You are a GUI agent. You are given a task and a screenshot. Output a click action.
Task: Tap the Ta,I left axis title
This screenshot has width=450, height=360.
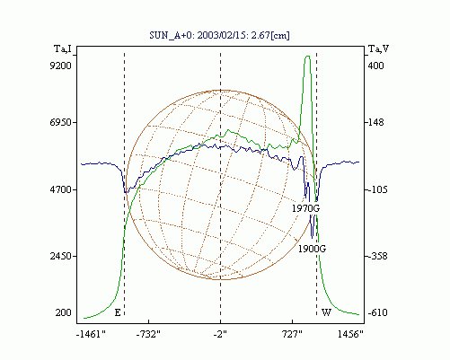point(63,48)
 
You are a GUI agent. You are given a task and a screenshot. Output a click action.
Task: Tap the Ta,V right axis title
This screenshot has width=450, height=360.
point(379,48)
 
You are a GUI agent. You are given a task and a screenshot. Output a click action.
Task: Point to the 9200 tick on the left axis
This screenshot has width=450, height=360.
point(61,66)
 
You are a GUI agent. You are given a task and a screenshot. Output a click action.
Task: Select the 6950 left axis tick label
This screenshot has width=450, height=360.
point(61,122)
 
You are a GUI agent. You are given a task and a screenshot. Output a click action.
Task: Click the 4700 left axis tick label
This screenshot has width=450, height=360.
point(61,189)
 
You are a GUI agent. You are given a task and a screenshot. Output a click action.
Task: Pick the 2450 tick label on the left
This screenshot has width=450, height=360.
point(61,257)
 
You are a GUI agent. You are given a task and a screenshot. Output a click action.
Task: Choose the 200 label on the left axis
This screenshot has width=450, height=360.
point(64,312)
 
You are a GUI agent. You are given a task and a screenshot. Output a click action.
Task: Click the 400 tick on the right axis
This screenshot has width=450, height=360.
point(375,66)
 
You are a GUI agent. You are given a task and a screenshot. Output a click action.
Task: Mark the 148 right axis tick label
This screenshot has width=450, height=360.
point(375,122)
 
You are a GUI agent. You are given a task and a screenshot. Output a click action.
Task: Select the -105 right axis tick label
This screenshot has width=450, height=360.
point(377,189)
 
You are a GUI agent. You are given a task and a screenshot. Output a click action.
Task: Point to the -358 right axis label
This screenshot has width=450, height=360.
point(377,257)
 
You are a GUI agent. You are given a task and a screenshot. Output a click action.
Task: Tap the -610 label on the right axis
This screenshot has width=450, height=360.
point(377,312)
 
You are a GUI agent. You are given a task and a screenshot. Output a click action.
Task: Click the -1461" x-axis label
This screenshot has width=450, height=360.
point(91,334)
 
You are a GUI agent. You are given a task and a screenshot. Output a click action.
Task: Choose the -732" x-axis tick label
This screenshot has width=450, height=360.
point(148,334)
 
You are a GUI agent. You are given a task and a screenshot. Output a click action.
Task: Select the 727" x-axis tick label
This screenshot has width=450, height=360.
point(292,334)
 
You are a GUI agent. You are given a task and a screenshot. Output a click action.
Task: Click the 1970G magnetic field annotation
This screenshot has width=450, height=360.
point(305,208)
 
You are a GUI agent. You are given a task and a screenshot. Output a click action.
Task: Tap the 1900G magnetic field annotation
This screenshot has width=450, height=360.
point(312,249)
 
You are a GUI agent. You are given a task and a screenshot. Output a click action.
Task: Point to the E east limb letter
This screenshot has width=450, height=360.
point(118,313)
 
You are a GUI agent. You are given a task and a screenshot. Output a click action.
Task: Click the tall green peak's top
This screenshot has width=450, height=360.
point(307,56)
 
